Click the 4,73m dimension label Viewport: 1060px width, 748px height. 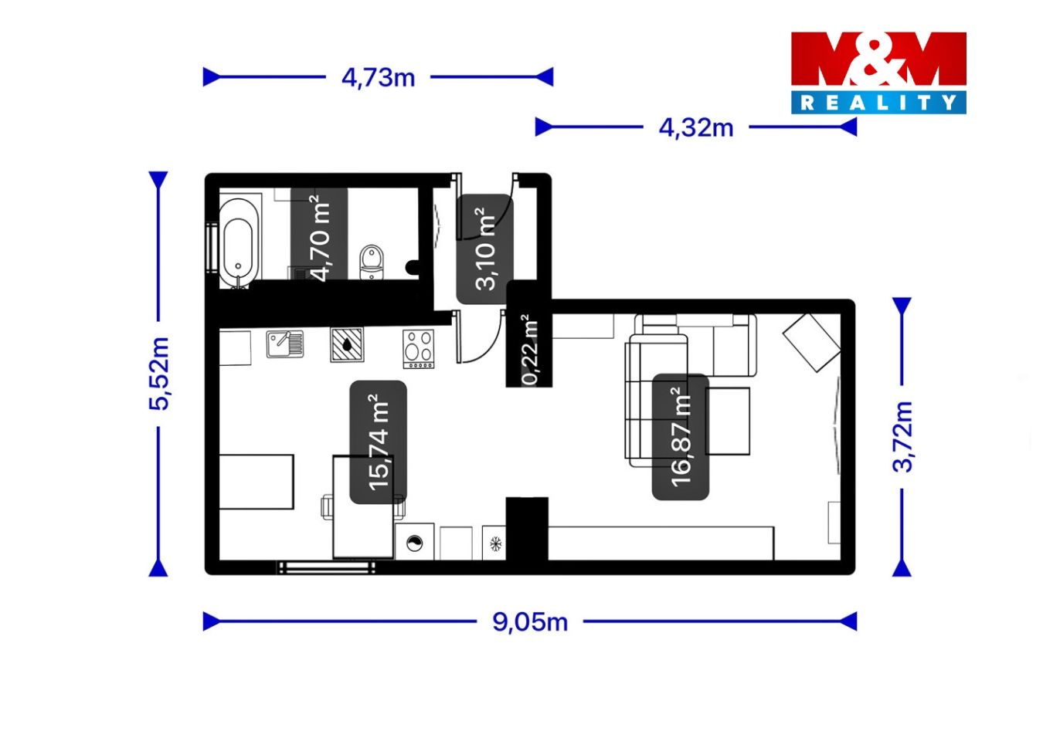378,77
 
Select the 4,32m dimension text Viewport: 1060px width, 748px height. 696,127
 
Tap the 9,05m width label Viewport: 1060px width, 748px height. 530,621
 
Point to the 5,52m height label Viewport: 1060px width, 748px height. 159,374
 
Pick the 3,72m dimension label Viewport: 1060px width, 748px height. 902,436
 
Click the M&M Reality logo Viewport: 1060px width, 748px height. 878,73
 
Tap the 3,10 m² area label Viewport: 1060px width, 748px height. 485,249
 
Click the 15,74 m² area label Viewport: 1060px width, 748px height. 379,442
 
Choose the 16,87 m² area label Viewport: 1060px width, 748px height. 681,437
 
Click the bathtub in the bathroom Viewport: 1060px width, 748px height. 240,243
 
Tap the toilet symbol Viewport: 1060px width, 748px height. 372,262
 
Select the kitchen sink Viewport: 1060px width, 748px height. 285,344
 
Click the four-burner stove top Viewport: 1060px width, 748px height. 418,349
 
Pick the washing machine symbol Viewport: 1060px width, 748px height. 415,543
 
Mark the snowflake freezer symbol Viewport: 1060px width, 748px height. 495,543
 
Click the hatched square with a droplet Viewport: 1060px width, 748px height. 347,345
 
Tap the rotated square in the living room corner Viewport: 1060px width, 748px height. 811,343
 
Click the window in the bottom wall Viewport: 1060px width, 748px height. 326,567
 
